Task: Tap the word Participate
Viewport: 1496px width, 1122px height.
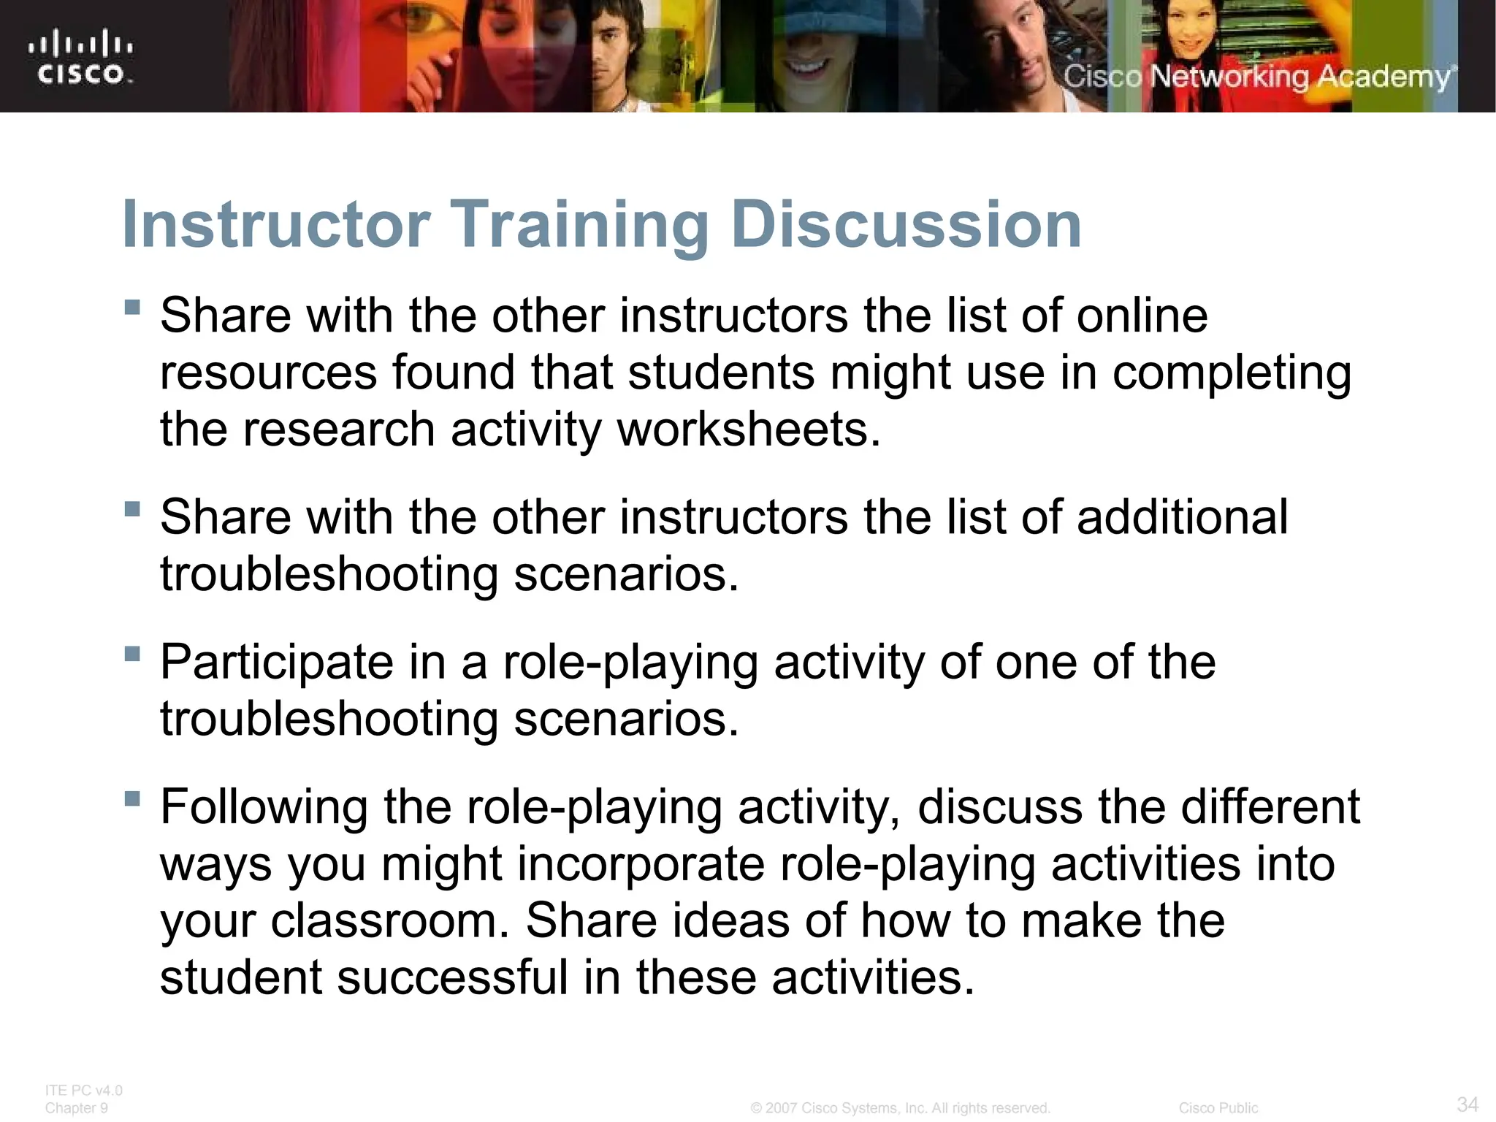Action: pos(277,663)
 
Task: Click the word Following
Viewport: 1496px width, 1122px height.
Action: pos(264,807)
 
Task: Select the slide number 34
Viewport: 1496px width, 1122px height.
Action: pos(1468,1104)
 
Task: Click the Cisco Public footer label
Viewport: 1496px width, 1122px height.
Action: pos(1218,1108)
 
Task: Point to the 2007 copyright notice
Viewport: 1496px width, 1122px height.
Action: pos(900,1108)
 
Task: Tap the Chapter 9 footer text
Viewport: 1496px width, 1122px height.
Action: pos(77,1108)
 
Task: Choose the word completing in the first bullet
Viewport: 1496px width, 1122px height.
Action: pos(1232,373)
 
